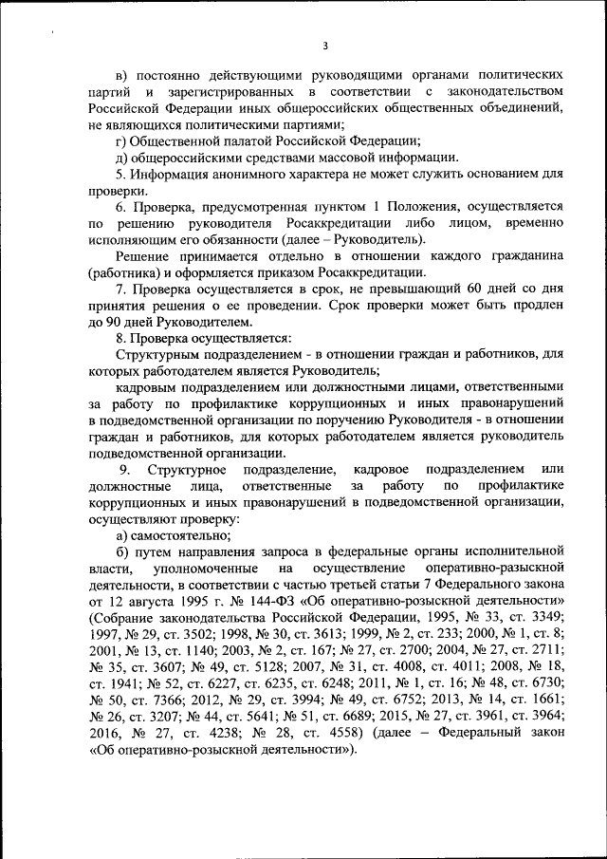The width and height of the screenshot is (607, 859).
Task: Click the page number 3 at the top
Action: [324, 44]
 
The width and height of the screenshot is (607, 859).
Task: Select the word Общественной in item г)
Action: [175, 140]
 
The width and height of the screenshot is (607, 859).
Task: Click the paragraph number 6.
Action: [121, 207]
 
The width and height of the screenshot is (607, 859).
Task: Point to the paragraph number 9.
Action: [123, 470]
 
